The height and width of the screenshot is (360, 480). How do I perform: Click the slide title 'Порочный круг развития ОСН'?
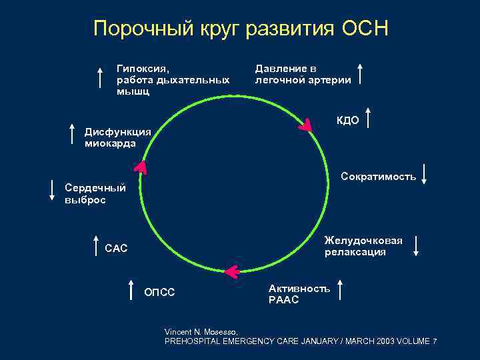240,29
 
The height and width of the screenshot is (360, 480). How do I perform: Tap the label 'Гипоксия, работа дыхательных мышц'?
173,80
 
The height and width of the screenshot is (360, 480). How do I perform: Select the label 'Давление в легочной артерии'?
303,75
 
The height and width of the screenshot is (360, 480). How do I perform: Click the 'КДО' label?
348,121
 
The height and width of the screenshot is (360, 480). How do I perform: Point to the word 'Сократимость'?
378,177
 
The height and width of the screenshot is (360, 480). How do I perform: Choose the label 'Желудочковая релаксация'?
363,246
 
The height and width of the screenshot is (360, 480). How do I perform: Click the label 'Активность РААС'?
299,294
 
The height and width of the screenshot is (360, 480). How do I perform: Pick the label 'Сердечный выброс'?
94,194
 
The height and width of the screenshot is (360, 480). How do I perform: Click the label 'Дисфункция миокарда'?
117,137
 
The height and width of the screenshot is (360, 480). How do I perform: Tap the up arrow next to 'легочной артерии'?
361,73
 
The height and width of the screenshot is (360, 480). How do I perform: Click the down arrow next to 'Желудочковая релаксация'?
416,246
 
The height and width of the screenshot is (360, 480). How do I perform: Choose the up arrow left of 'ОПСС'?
131,291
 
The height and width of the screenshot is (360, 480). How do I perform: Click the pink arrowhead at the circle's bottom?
231,271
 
